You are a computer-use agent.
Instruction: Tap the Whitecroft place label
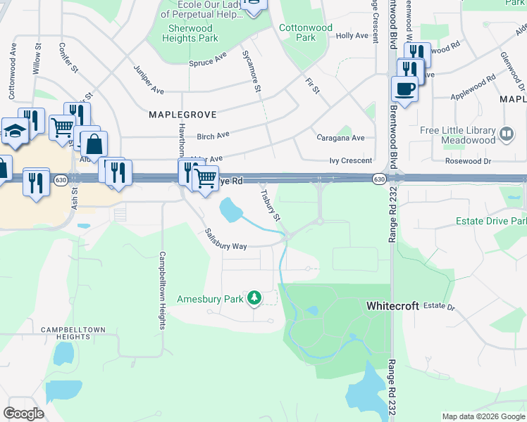392,307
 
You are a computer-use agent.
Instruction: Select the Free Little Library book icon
507,133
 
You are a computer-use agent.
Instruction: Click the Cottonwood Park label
306,32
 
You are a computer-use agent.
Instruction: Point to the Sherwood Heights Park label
190,33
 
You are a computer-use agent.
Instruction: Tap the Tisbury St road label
271,203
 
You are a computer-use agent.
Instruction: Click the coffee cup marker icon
404,89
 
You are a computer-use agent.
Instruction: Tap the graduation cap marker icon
14,131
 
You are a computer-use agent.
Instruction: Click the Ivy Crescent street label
350,161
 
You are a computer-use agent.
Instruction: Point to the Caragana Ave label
340,138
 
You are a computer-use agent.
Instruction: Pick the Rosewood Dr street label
470,161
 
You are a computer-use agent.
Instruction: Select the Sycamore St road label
252,71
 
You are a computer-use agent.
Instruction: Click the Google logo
23,414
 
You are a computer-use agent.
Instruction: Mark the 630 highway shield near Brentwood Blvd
379,181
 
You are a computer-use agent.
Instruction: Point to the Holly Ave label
352,35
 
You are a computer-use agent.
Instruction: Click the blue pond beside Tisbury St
230,208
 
